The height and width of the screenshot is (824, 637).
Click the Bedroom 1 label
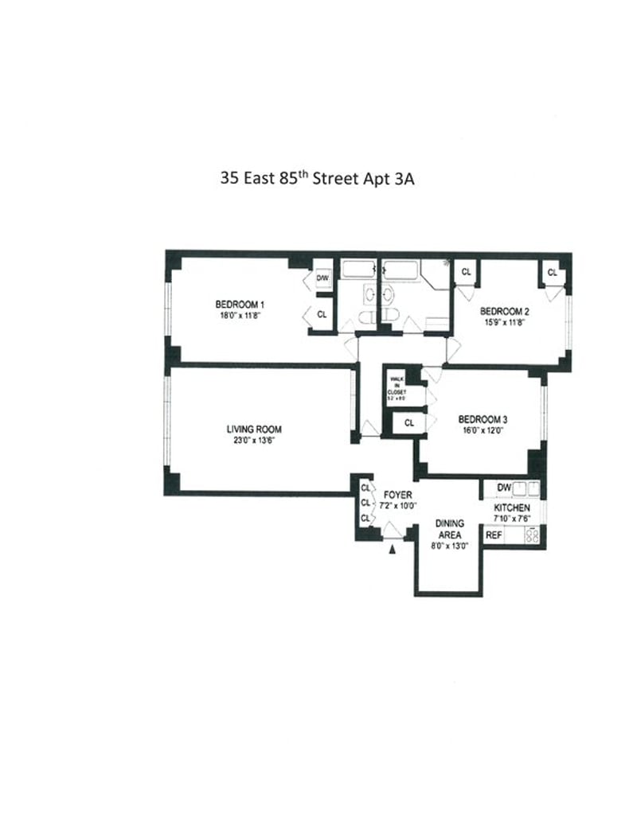point(239,304)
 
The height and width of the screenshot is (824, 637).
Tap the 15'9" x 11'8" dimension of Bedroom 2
point(504,322)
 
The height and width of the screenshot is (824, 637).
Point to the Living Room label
point(254,429)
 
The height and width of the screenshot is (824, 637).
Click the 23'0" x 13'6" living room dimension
point(254,440)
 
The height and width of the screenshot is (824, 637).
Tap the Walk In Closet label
point(397,385)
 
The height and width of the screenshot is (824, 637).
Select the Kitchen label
point(511,507)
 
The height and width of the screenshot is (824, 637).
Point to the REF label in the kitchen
point(494,535)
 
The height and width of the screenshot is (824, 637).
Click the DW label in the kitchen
point(503,487)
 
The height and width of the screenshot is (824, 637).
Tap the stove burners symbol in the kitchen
point(532,535)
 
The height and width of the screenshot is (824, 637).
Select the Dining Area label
point(449,529)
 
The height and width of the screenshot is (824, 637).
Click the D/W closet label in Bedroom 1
point(322,278)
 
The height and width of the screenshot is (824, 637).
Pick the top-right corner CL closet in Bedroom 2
point(552,273)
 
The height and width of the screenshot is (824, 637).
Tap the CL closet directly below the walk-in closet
point(408,423)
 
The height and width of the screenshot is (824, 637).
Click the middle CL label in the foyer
point(365,503)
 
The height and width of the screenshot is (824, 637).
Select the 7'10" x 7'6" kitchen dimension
point(511,518)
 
